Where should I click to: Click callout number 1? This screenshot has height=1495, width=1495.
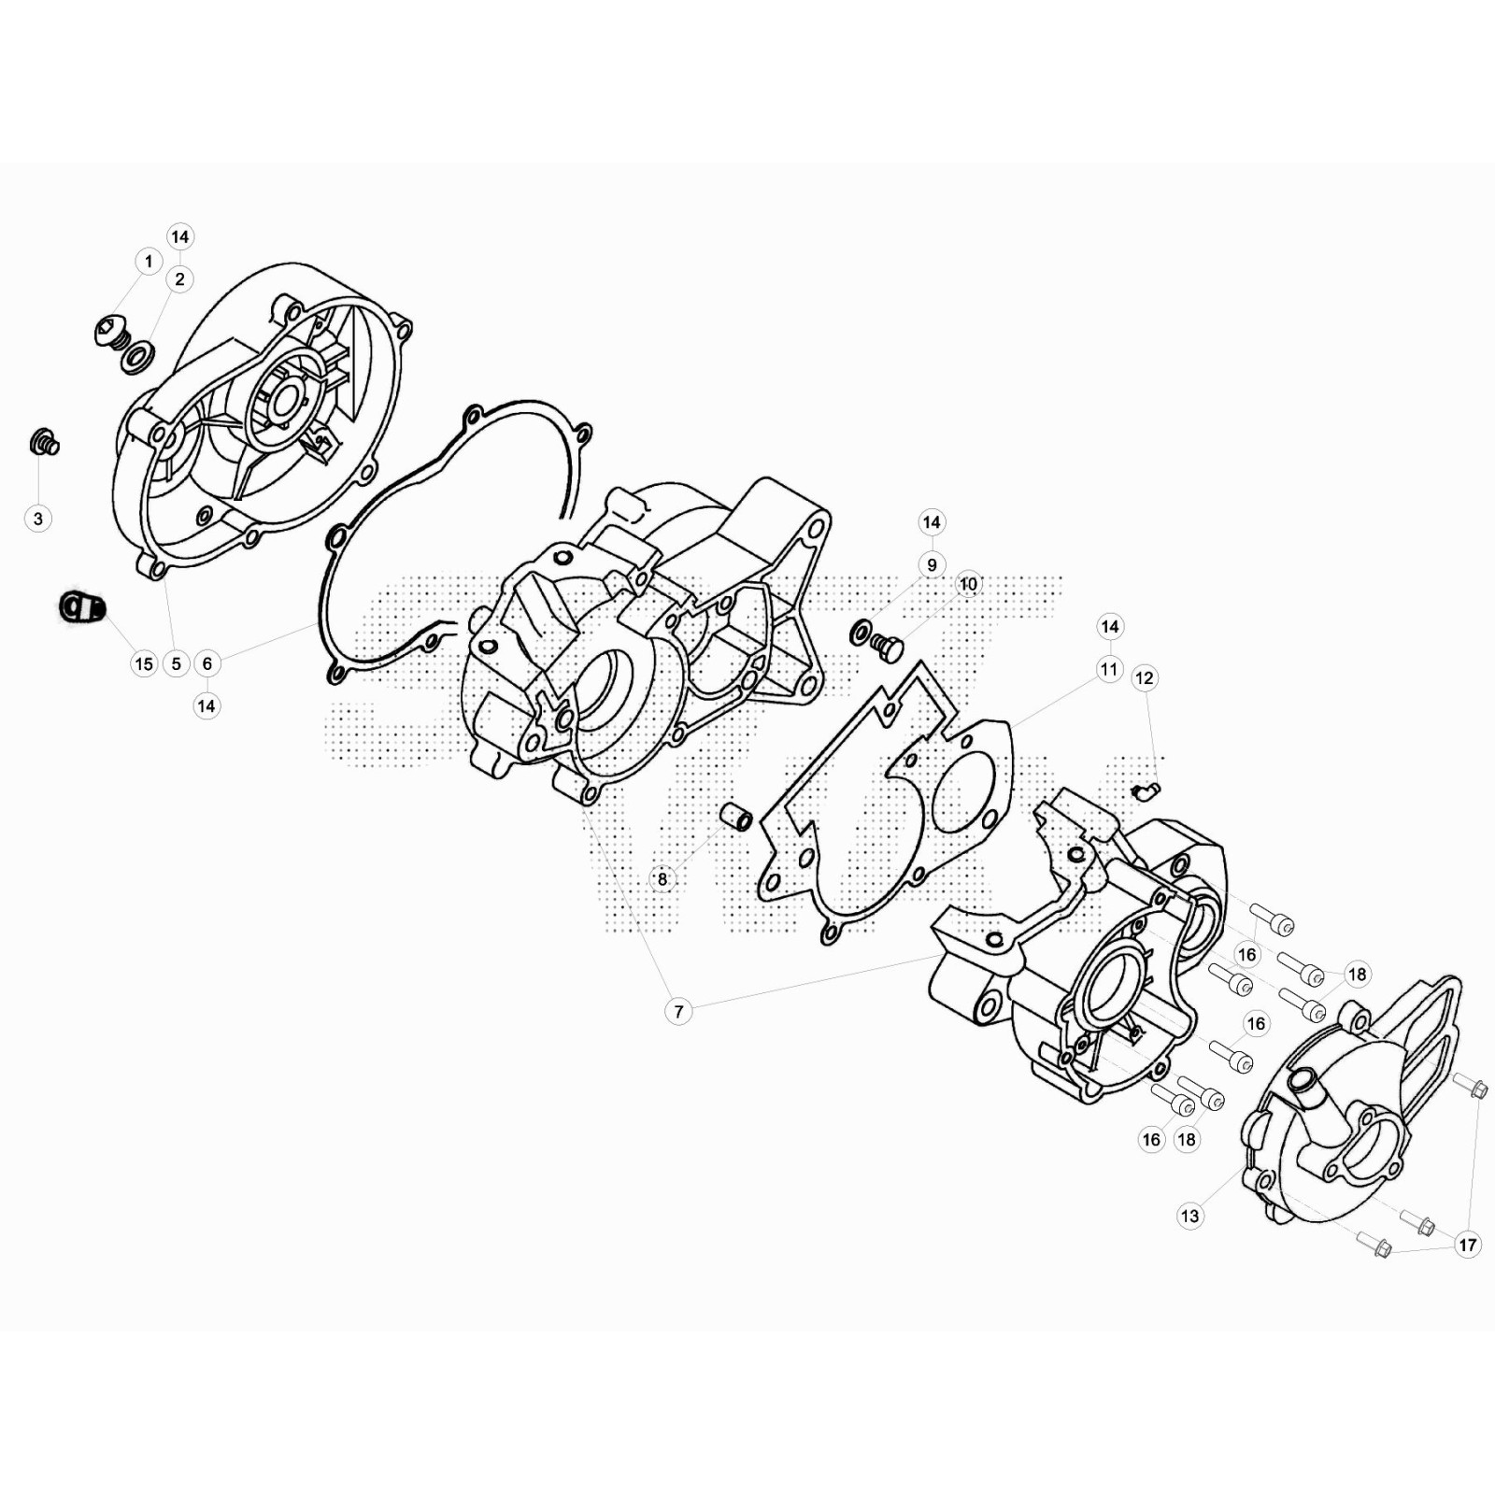coord(149,262)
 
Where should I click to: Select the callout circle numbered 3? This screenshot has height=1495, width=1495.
coord(38,519)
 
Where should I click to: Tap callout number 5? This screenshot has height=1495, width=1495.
coord(177,663)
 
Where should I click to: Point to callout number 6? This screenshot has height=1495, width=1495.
coord(207,663)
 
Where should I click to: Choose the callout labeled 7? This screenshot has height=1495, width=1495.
coord(678,1011)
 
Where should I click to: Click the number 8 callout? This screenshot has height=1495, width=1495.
coord(662,878)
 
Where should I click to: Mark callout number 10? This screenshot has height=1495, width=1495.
coord(968,584)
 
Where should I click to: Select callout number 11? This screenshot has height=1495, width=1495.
coord(1109,669)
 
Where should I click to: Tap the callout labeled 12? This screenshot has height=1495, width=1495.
coord(1145,678)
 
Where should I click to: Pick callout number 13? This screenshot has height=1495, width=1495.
coord(1189,1216)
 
